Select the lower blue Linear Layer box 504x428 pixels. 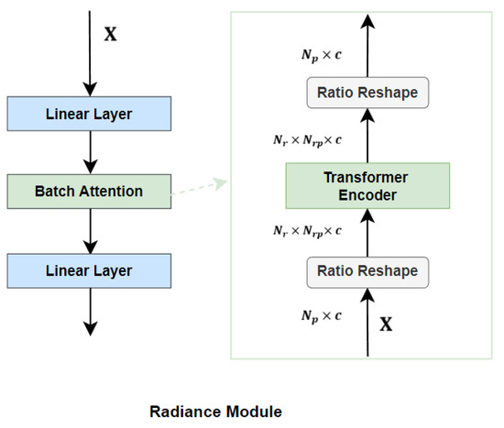89,270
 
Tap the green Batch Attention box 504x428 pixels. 89,192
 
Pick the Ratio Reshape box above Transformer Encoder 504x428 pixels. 367,93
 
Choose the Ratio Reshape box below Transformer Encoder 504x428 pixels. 367,270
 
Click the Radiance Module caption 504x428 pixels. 216,412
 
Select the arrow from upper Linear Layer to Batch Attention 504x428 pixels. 89,151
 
